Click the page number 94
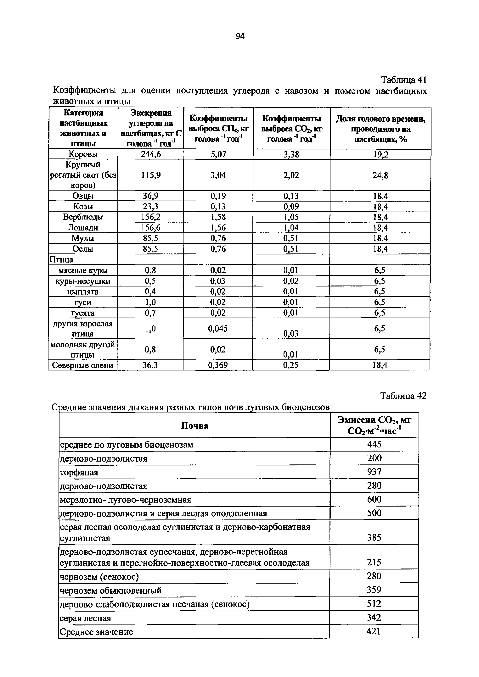pyautogui.click(x=240, y=36)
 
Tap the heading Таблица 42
pyautogui.click(x=403, y=396)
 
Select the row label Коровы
pyautogui.click(x=83, y=154)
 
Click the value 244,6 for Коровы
pyautogui.click(x=151, y=154)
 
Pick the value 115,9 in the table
pyautogui.click(x=151, y=175)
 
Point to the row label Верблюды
pyautogui.click(x=83, y=217)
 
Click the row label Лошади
pyautogui.click(x=83, y=228)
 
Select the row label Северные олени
pyautogui.click(x=83, y=365)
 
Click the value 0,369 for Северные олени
pyautogui.click(x=218, y=365)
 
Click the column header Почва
pyautogui.click(x=194, y=425)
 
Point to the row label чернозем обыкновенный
pyautogui.click(x=111, y=591)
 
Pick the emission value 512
pyautogui.click(x=374, y=604)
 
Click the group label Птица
pyautogui.click(x=61, y=259)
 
